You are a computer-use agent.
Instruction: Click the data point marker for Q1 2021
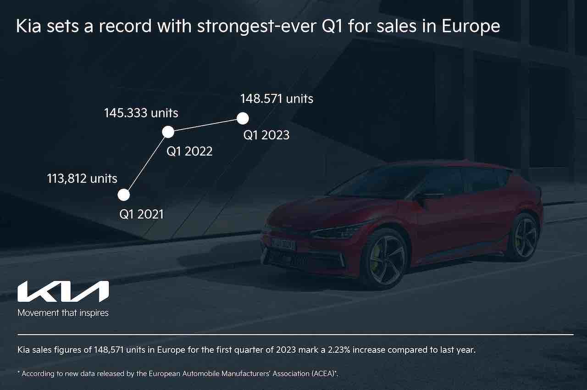(x=124, y=195)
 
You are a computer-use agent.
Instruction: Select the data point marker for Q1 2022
(x=168, y=132)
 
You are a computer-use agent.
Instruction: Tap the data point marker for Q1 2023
(x=243, y=118)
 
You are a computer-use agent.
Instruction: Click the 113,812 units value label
(x=82, y=178)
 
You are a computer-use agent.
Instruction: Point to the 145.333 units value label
(x=141, y=112)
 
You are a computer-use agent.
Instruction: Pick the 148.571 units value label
(x=277, y=98)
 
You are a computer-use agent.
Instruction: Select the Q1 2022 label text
(x=189, y=151)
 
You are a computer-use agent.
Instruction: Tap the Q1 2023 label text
(x=266, y=135)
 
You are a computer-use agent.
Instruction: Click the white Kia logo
(x=63, y=291)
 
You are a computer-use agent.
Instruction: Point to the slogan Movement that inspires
(x=63, y=313)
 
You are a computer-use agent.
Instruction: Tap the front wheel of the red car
(x=384, y=258)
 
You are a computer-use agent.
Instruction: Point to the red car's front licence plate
(x=283, y=245)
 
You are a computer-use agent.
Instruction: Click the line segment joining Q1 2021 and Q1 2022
(x=146, y=163)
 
